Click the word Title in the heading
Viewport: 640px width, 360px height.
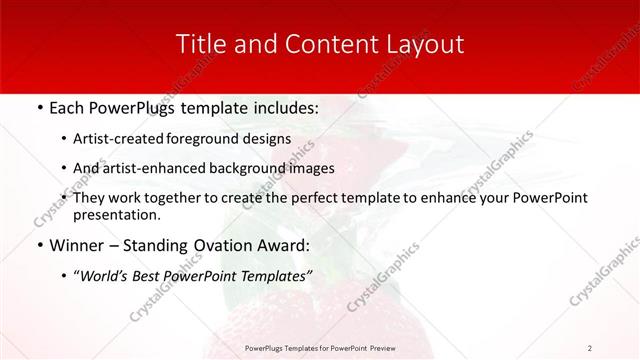[x=198, y=44]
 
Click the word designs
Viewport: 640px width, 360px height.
[x=270, y=139]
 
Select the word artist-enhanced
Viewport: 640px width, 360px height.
[x=170, y=168]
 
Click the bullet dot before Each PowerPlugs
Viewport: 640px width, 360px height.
[x=39, y=106]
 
